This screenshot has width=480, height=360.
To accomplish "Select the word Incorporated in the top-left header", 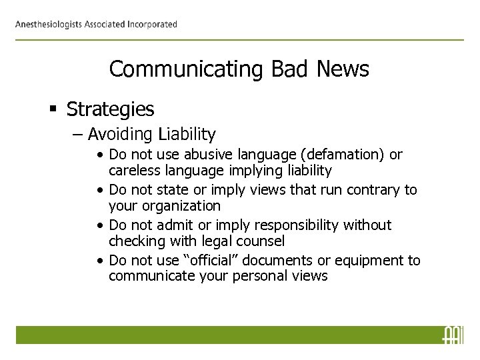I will click(x=152, y=25).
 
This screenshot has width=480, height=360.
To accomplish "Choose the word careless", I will click(x=135, y=171).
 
